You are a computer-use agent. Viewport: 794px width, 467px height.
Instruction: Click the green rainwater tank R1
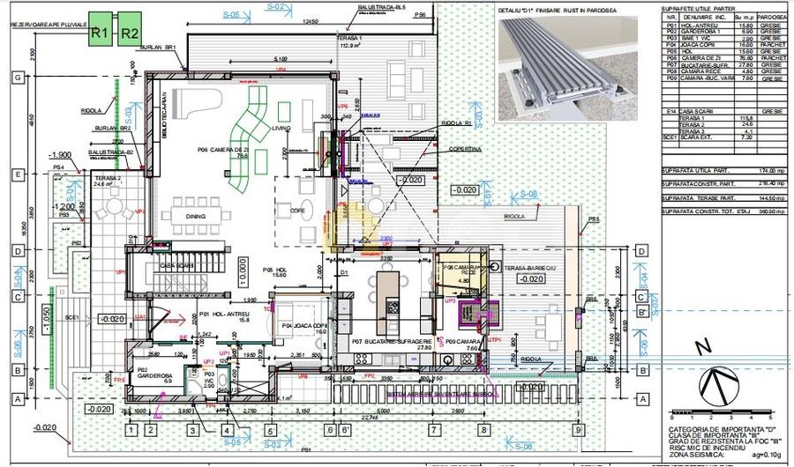100,33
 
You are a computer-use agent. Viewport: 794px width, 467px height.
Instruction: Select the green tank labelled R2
129,33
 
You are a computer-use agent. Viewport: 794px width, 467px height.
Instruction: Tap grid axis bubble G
16,78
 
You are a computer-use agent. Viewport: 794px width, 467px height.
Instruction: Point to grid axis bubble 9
578,430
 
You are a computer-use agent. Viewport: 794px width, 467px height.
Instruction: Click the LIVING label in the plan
281,129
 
